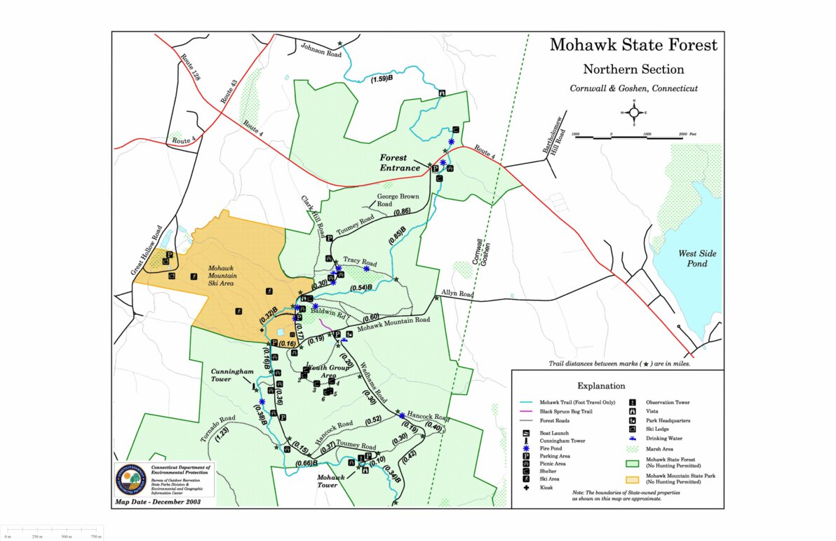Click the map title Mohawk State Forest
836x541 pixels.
[x=633, y=45]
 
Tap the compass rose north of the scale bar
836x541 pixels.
[x=633, y=112]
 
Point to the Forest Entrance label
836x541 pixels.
[x=400, y=163]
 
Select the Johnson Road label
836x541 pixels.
[x=321, y=51]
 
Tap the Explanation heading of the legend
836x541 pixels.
[x=601, y=385]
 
